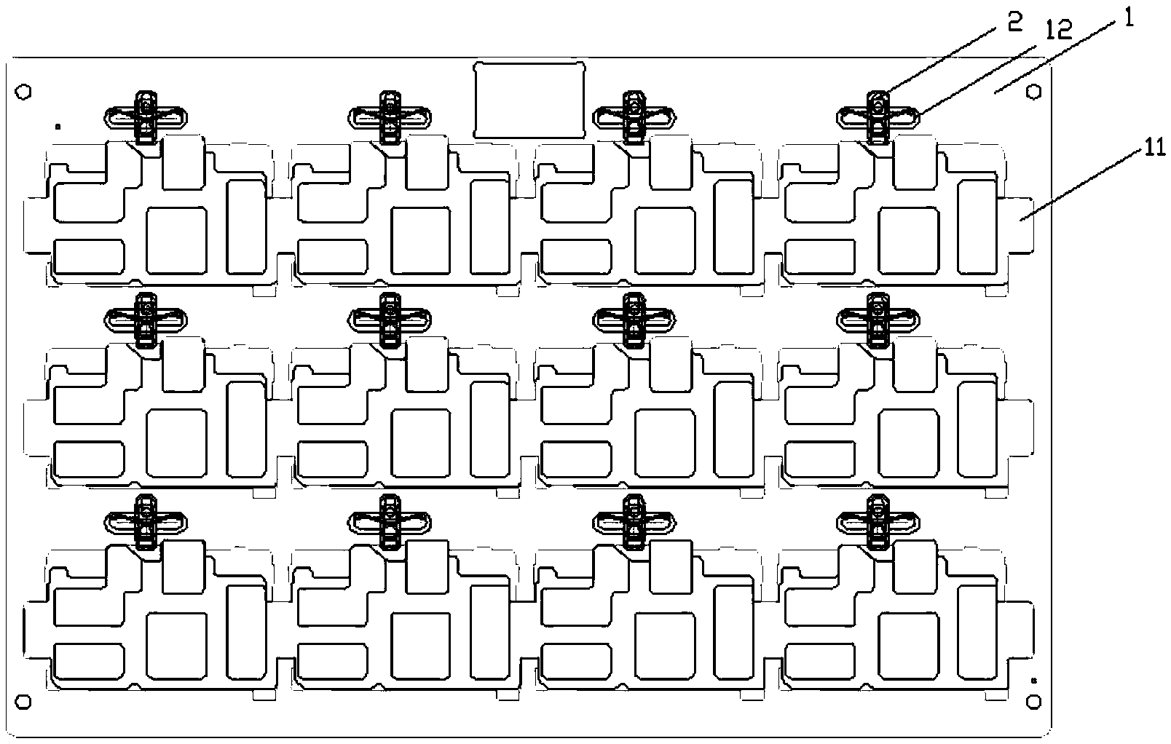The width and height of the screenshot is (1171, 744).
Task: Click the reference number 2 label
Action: pos(1014,23)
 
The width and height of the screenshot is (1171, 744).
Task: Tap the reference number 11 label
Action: pos(1155,148)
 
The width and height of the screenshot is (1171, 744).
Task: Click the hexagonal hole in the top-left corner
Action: pos(23,92)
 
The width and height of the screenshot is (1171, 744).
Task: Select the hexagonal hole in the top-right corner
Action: pos(1033,92)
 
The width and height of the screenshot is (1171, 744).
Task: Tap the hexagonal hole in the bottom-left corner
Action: pos(23,702)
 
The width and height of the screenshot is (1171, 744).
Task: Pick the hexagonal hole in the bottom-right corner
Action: pos(1033,702)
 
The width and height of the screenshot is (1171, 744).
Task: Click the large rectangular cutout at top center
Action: pos(529,100)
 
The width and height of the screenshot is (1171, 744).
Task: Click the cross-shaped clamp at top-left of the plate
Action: pos(146,118)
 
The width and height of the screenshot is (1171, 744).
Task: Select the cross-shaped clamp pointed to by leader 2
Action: pos(878,118)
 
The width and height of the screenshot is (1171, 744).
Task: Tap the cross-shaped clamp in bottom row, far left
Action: pos(146,522)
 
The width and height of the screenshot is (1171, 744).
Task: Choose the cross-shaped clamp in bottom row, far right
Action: pos(878,522)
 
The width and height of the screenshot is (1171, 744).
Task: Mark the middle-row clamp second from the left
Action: pos(390,320)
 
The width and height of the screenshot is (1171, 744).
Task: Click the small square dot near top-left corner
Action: pos(58,127)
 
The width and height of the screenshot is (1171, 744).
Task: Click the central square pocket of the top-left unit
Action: pos(176,240)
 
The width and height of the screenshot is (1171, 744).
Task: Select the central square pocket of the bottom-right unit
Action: pos(909,646)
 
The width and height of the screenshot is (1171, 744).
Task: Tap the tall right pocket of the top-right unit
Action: pos(977,226)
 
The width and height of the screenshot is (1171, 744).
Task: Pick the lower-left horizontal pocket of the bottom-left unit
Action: pos(90,662)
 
